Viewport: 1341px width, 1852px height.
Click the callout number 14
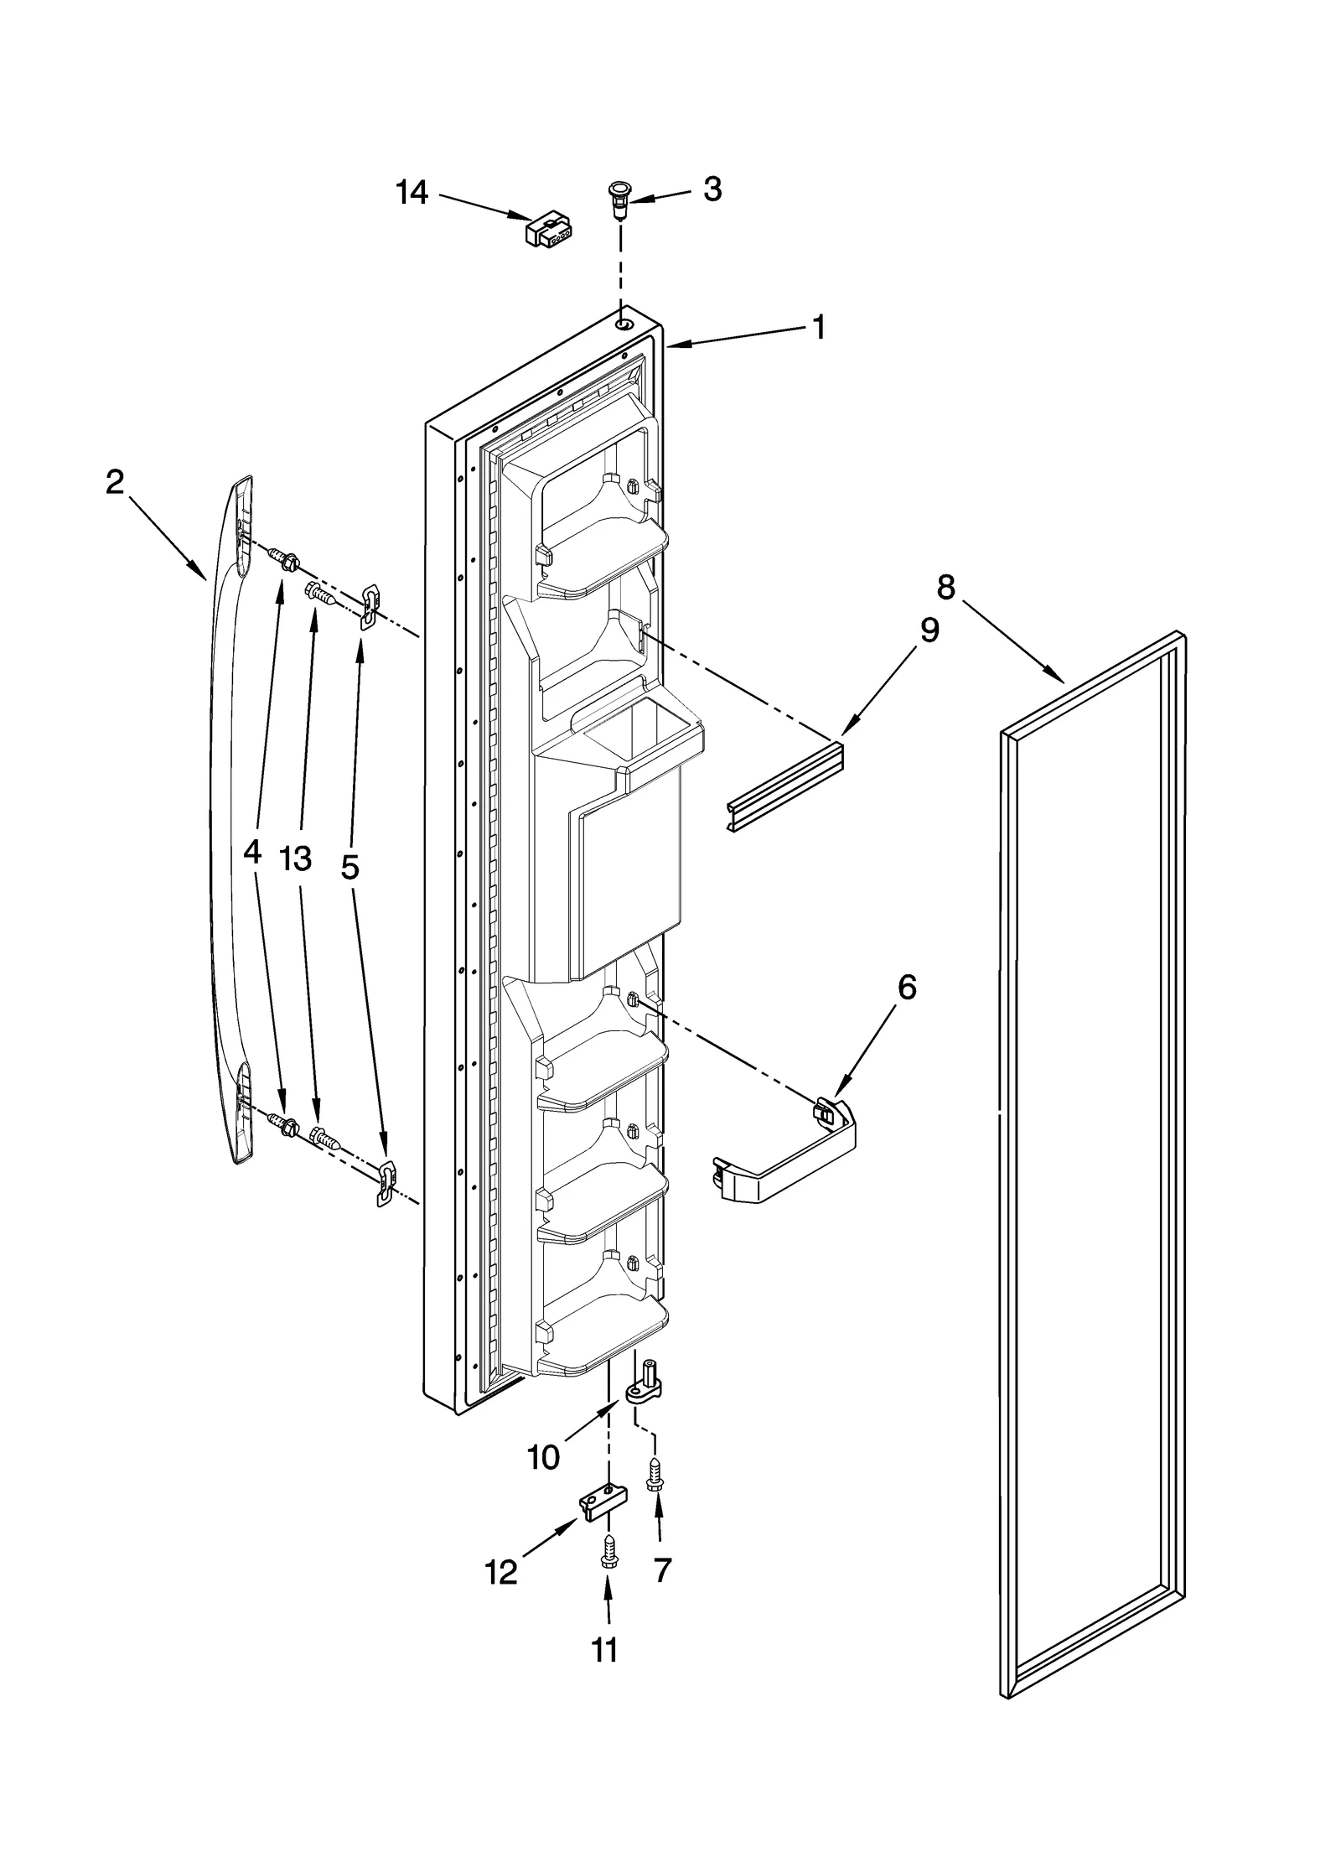click(x=412, y=193)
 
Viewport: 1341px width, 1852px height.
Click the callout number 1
click(x=819, y=327)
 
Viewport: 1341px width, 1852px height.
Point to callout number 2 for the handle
click(x=115, y=481)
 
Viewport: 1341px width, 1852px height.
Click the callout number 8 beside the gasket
click(x=945, y=588)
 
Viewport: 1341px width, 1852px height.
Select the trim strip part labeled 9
click(x=783, y=786)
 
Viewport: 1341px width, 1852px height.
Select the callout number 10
click(x=544, y=1458)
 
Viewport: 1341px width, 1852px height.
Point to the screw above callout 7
click(x=655, y=1474)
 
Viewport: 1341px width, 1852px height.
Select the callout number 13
click(x=295, y=859)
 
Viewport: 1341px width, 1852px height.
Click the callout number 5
click(x=349, y=867)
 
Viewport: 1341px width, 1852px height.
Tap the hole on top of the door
click(x=624, y=324)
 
